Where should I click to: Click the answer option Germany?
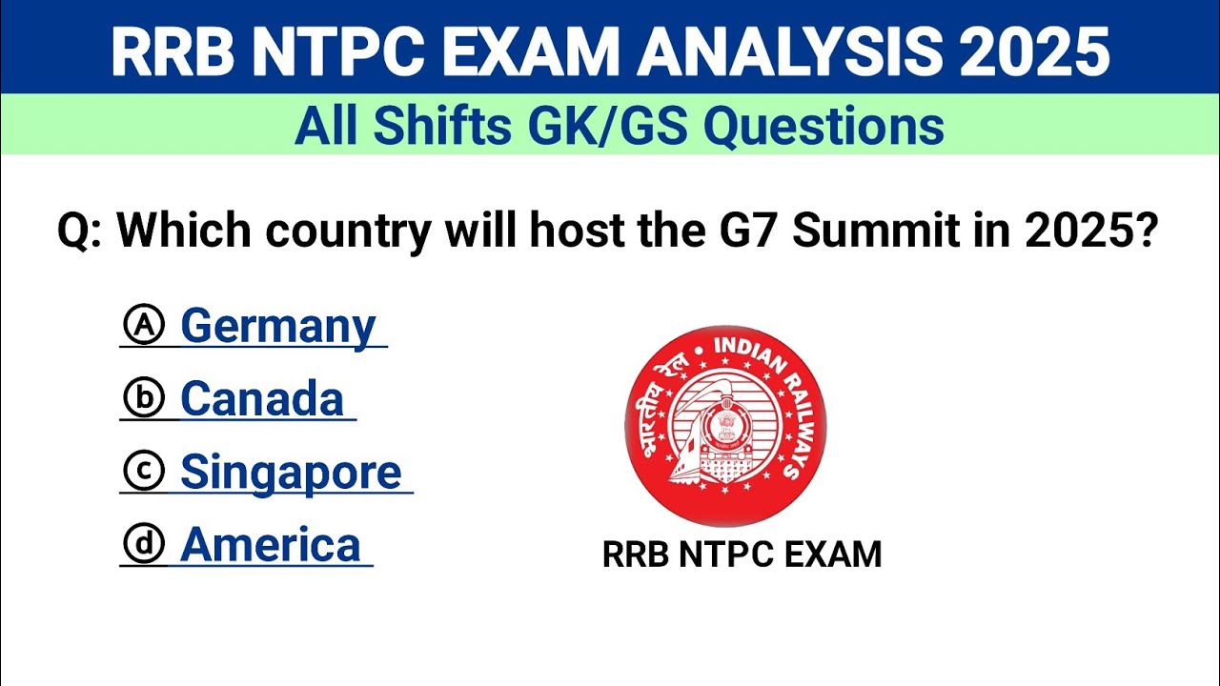click(x=277, y=327)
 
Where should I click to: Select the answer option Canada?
click(x=261, y=399)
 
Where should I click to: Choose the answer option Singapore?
click(x=291, y=473)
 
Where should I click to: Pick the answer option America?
click(x=270, y=545)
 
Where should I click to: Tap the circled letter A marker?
click(x=144, y=326)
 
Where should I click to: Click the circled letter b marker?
click(x=144, y=399)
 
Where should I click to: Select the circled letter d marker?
click(x=144, y=545)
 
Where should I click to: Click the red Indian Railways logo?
click(x=725, y=426)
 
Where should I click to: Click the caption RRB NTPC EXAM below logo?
click(x=742, y=555)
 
